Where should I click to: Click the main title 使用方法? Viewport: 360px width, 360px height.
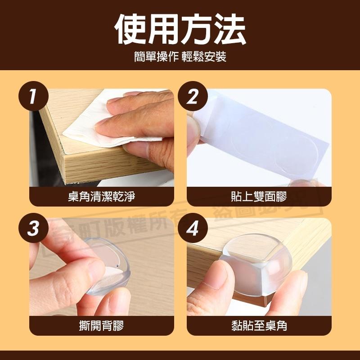180,29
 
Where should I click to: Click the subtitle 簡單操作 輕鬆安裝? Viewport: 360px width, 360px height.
180,57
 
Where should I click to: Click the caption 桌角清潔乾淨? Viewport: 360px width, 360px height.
101,197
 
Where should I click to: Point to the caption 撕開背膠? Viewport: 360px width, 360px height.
101,325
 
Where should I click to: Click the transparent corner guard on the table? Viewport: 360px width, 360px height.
252,265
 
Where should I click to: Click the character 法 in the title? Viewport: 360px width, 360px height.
229,29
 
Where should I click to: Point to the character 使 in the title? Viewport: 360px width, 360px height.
130,29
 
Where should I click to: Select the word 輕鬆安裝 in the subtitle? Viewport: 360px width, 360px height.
204,57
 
